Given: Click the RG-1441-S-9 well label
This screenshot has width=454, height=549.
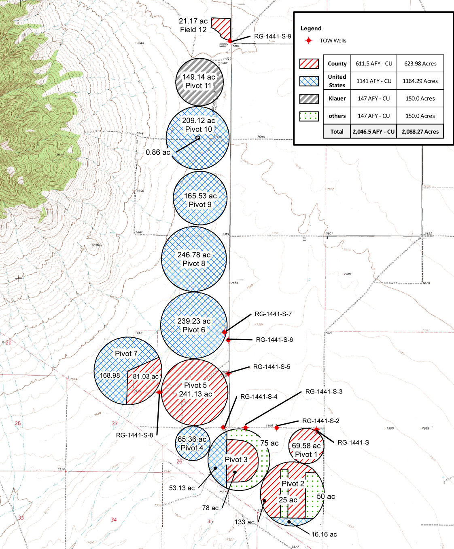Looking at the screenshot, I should (272, 36).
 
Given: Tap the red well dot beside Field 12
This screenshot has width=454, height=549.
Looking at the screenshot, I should (230, 41).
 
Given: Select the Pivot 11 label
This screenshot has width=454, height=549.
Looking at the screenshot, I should (198, 86).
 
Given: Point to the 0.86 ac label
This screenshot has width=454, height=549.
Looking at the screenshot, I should (158, 153).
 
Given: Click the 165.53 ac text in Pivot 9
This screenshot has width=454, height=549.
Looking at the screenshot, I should (200, 196).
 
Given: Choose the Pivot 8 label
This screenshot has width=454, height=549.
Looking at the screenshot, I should (194, 263).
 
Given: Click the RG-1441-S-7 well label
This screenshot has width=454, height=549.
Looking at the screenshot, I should (273, 314).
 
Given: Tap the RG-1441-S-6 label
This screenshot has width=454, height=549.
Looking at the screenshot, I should (274, 340).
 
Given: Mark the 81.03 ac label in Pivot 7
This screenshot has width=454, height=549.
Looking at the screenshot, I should (146, 377).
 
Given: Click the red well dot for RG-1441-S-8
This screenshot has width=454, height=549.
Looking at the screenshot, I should (159, 392).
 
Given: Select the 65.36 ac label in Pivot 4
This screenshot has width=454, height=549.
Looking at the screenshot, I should (192, 439).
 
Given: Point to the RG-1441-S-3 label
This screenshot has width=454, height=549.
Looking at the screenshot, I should (324, 391).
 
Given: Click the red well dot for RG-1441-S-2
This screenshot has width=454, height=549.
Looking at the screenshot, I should (277, 428).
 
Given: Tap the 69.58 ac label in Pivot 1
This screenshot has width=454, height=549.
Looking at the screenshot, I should (306, 446).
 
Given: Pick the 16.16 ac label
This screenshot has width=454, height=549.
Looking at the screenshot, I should (324, 534).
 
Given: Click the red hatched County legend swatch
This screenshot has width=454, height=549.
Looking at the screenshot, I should (309, 63).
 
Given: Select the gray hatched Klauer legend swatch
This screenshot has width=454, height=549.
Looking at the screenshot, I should (309, 99).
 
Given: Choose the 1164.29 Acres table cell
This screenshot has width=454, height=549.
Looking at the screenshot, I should (420, 81).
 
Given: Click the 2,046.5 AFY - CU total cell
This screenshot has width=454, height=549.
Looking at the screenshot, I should (373, 131).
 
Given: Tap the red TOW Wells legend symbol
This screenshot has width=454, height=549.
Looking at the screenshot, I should (309, 40).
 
